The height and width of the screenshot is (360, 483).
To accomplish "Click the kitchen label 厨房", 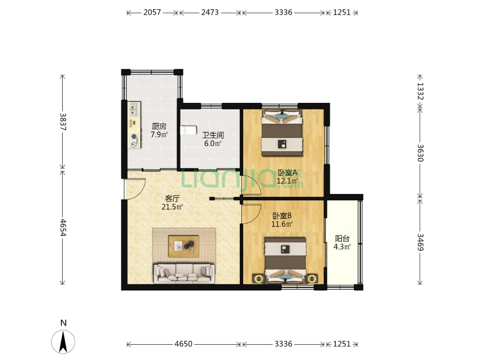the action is [x=159, y=126].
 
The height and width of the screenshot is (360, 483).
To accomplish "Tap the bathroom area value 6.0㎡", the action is [x=213, y=144].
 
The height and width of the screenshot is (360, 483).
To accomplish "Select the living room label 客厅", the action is [x=172, y=198].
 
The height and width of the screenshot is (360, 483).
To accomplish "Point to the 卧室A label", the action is [x=287, y=172].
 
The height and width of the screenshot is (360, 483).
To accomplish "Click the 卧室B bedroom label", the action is [x=282, y=216].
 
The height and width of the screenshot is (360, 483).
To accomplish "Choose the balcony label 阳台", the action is [x=342, y=238].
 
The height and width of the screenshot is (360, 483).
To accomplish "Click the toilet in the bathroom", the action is [x=188, y=130].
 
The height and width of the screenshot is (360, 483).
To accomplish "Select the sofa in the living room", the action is [x=184, y=273].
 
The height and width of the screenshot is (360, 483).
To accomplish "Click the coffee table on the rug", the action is [x=184, y=246].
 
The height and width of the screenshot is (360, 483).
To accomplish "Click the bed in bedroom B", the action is [x=286, y=260].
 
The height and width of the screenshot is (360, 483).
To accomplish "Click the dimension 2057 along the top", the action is [x=152, y=12].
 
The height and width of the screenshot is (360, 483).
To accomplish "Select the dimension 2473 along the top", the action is [x=210, y=12].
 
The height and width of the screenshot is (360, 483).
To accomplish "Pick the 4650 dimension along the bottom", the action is [x=184, y=344].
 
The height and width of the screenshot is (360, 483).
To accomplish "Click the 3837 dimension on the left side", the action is [x=63, y=122].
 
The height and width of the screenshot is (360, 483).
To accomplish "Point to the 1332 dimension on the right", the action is [x=420, y=91].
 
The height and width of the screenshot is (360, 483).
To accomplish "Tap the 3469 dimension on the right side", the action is [x=420, y=242].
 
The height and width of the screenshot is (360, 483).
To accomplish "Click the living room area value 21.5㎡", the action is [x=172, y=207].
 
